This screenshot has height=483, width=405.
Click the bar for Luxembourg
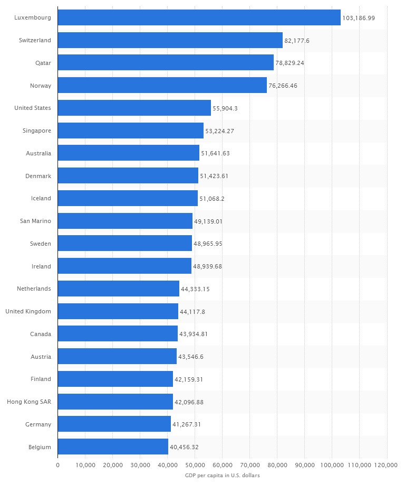[x=199, y=17]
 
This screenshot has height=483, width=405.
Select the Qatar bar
[x=166, y=62]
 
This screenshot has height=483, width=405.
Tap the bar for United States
[x=134, y=108]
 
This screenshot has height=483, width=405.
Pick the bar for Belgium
[x=113, y=447]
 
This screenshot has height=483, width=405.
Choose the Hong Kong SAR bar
[x=115, y=402]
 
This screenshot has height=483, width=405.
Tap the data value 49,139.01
[x=208, y=221]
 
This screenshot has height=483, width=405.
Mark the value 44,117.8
[x=192, y=311]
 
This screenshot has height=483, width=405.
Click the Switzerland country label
[x=34, y=40]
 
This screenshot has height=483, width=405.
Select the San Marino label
[x=35, y=221]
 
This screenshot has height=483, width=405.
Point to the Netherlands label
[x=34, y=289]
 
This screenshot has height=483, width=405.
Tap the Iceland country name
[x=41, y=198]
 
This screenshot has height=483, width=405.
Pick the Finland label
[x=41, y=379]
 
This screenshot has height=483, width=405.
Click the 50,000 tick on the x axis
[x=195, y=465]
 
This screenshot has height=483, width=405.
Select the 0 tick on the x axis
[x=57, y=465]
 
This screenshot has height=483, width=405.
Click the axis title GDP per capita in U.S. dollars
[x=222, y=476]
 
